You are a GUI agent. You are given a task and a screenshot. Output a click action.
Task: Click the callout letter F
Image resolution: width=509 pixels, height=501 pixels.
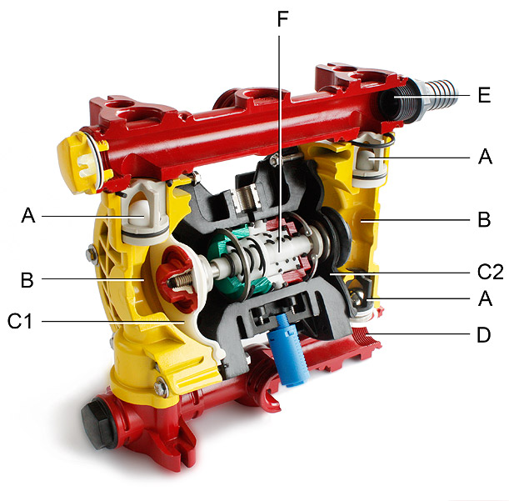282,19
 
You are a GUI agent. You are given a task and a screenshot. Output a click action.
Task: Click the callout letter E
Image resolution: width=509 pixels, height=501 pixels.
484,95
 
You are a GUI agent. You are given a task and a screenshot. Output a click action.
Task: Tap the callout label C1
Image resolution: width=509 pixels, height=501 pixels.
20,321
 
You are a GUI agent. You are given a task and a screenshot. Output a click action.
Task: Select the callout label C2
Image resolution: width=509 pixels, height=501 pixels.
490,272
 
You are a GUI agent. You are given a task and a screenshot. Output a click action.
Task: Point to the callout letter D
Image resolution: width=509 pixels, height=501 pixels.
484,334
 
